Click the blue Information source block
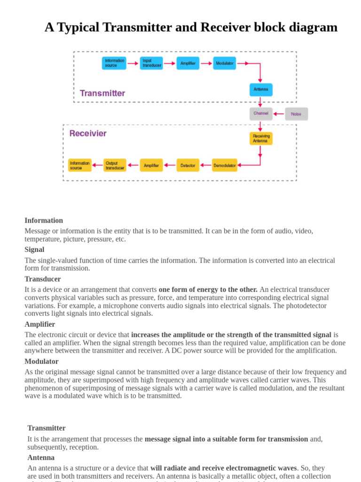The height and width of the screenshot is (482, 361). (114, 63)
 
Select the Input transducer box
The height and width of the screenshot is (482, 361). (151, 63)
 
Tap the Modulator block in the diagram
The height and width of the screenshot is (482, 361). (225, 63)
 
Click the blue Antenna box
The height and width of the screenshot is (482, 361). (261, 89)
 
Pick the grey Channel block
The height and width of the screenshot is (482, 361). (261, 113)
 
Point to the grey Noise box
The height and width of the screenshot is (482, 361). (296, 114)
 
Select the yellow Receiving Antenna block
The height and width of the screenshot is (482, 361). (261, 138)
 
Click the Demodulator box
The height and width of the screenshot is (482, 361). (225, 165)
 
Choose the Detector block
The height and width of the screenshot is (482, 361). (188, 165)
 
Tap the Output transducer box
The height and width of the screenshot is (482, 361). (115, 165)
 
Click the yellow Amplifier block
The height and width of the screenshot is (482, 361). (151, 165)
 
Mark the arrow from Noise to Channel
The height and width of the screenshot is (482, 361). (279, 114)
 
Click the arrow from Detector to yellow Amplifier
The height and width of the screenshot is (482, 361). (170, 165)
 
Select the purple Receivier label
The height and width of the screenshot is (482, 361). (88, 133)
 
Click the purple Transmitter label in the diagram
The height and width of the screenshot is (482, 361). (102, 93)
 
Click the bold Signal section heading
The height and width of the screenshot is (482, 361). (34, 249)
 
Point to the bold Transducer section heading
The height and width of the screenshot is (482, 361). (43, 279)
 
